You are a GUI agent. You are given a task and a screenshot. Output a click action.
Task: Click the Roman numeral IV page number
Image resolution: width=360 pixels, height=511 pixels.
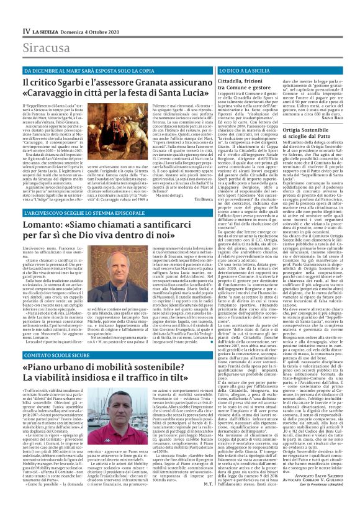tap(9, 12)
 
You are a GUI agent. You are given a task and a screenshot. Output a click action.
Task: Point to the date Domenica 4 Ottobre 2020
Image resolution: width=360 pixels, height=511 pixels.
tap(77, 12)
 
